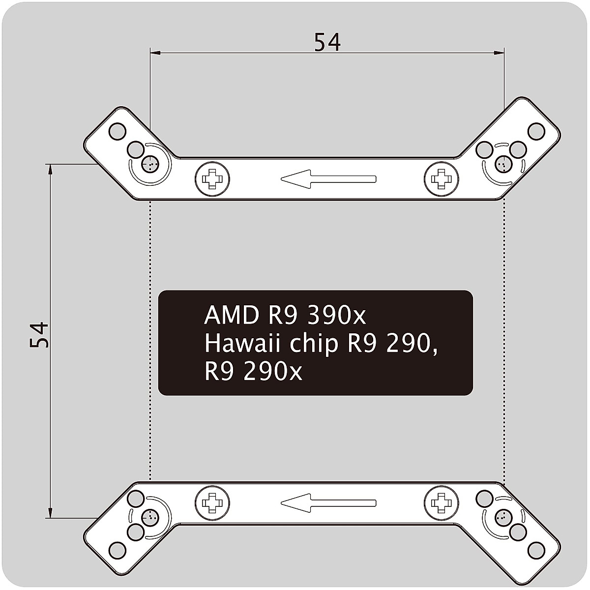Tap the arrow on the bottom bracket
pyautogui.click(x=328, y=502)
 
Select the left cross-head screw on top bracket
pyautogui.click(x=212, y=178)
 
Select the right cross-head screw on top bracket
pyautogui.click(x=441, y=178)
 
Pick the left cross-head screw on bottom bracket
pyautogui.click(x=212, y=502)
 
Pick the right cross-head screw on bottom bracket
pyautogui.click(x=441, y=502)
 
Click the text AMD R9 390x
pyautogui.click(x=285, y=316)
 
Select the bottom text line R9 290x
pyautogui.click(x=253, y=372)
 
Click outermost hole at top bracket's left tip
pyautogui.click(x=117, y=131)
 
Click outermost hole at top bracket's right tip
pyautogui.click(x=536, y=131)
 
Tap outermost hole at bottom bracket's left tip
pyautogui.click(x=117, y=549)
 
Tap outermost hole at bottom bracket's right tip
pyautogui.click(x=536, y=549)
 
